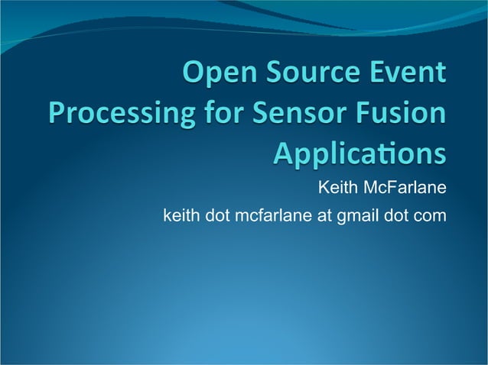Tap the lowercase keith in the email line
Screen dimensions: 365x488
[181, 216]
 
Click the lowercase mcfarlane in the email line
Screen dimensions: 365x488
[275, 216]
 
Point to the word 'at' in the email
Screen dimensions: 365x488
[324, 216]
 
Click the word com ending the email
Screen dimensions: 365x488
[430, 216]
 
